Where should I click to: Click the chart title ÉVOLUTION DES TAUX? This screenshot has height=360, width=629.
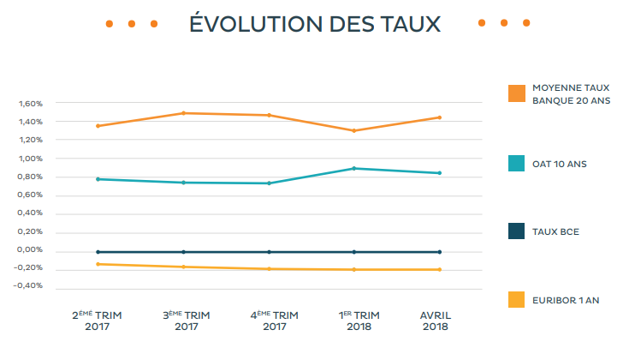click(x=315, y=24)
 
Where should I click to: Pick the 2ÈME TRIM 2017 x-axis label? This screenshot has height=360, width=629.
click(x=97, y=321)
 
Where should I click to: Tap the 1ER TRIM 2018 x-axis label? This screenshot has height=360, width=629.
click(x=353, y=321)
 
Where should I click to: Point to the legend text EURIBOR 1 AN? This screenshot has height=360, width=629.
click(x=565, y=300)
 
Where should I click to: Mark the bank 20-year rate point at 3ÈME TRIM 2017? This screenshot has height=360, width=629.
click(x=183, y=113)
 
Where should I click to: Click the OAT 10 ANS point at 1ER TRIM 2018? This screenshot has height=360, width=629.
click(x=353, y=168)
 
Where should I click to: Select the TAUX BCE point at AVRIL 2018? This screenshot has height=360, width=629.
click(x=440, y=252)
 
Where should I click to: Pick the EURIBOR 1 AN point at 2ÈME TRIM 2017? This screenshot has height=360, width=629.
click(x=98, y=264)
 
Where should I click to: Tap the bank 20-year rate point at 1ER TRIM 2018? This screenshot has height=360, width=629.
click(x=353, y=130)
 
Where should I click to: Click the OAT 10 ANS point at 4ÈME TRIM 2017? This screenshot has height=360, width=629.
click(x=269, y=183)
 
